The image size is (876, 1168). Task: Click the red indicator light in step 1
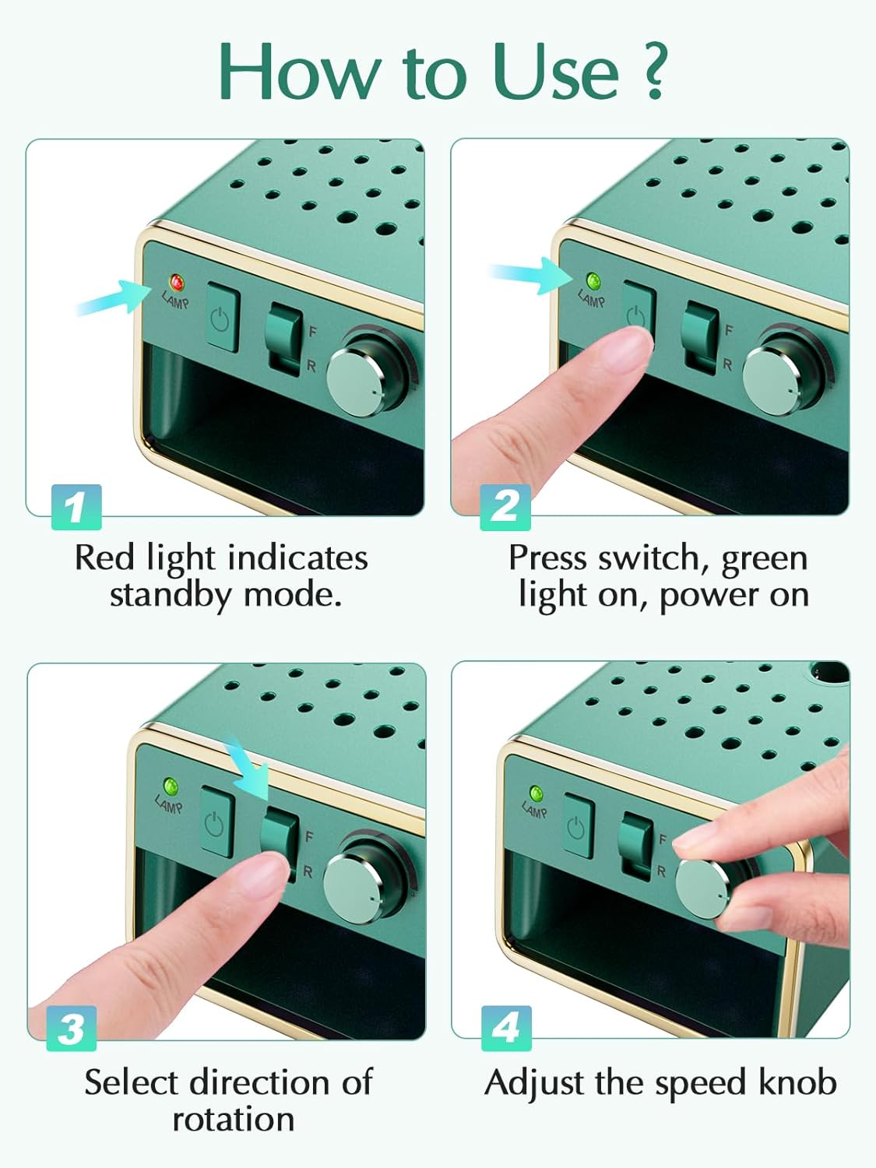point(177,282)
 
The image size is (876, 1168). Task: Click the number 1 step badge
point(76,507)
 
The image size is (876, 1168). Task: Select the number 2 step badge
point(505,507)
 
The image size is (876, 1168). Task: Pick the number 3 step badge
point(72,1029)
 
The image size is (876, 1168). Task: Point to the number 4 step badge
point(506,1029)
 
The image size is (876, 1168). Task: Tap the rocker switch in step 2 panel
point(701,336)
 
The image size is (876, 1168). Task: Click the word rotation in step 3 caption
point(233,1120)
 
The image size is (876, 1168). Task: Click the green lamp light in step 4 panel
point(536,793)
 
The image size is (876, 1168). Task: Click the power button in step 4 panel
point(577,826)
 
